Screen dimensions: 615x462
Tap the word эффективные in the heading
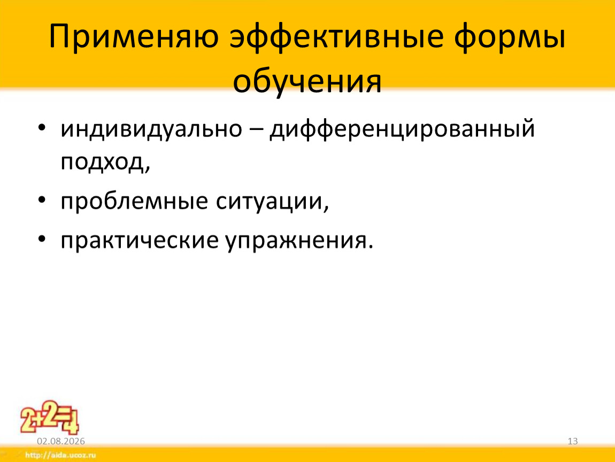tap(336, 37)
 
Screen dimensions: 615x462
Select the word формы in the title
tap(510, 37)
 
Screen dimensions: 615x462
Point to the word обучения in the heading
tap(307, 82)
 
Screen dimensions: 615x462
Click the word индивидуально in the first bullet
tap(151, 129)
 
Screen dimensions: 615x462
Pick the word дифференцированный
tap(402, 129)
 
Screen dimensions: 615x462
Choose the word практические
tap(139, 241)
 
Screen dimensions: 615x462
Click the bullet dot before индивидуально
tap(42, 128)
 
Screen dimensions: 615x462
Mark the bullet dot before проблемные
tap(42, 200)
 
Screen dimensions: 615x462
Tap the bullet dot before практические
tap(42, 239)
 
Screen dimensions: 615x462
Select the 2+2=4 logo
tap(49, 417)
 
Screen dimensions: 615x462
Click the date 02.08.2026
tap(61, 441)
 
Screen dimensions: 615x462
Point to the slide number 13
tap(573, 441)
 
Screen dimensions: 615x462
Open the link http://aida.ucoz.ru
tap(60, 456)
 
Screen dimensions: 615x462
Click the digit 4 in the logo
tap(71, 423)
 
